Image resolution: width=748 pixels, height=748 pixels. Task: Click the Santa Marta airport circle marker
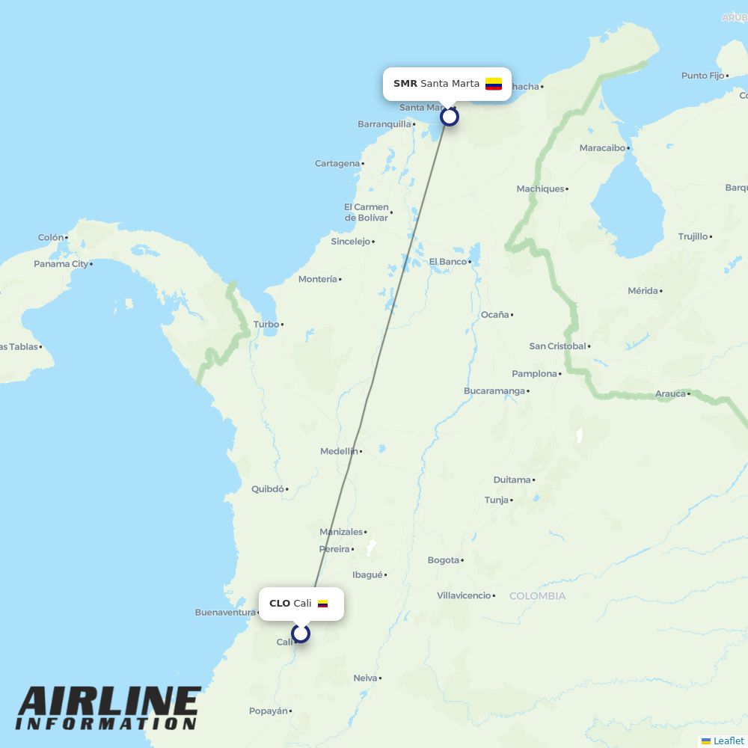click(x=449, y=117)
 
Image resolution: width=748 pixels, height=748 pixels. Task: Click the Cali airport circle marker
click(x=301, y=634)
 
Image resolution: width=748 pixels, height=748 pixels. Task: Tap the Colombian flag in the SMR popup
click(x=494, y=84)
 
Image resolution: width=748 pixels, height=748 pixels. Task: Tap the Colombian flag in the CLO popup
click(x=323, y=604)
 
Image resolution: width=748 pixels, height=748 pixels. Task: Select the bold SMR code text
click(x=405, y=84)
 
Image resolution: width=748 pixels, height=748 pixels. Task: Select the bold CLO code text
click(x=280, y=604)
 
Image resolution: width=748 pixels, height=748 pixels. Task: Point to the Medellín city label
click(x=339, y=451)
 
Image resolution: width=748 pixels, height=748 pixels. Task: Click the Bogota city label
click(x=444, y=560)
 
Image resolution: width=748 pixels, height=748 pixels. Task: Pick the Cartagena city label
click(x=337, y=164)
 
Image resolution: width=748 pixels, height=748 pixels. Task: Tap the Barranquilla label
click(x=384, y=124)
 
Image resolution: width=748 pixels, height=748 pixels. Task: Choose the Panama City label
click(x=61, y=264)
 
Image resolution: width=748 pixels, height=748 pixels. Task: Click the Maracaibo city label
click(x=602, y=148)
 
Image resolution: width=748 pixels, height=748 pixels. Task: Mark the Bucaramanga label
click(x=494, y=391)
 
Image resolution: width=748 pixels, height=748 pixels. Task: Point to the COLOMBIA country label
click(x=537, y=596)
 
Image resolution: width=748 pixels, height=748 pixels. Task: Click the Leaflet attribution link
click(x=728, y=741)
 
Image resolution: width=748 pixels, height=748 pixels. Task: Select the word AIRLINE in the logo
click(x=109, y=702)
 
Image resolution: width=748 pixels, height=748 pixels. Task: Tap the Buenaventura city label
click(x=225, y=613)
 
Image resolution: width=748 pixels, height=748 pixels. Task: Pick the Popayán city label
click(x=268, y=711)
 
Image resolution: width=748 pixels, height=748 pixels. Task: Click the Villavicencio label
click(x=464, y=596)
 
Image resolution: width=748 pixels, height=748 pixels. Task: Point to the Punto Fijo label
click(x=703, y=76)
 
